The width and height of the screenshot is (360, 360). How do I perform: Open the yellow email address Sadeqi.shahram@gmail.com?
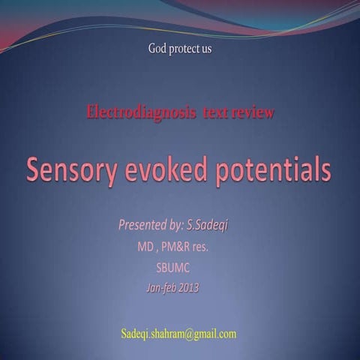click(178, 333)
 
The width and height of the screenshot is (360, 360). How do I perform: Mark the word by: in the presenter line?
click(178, 224)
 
